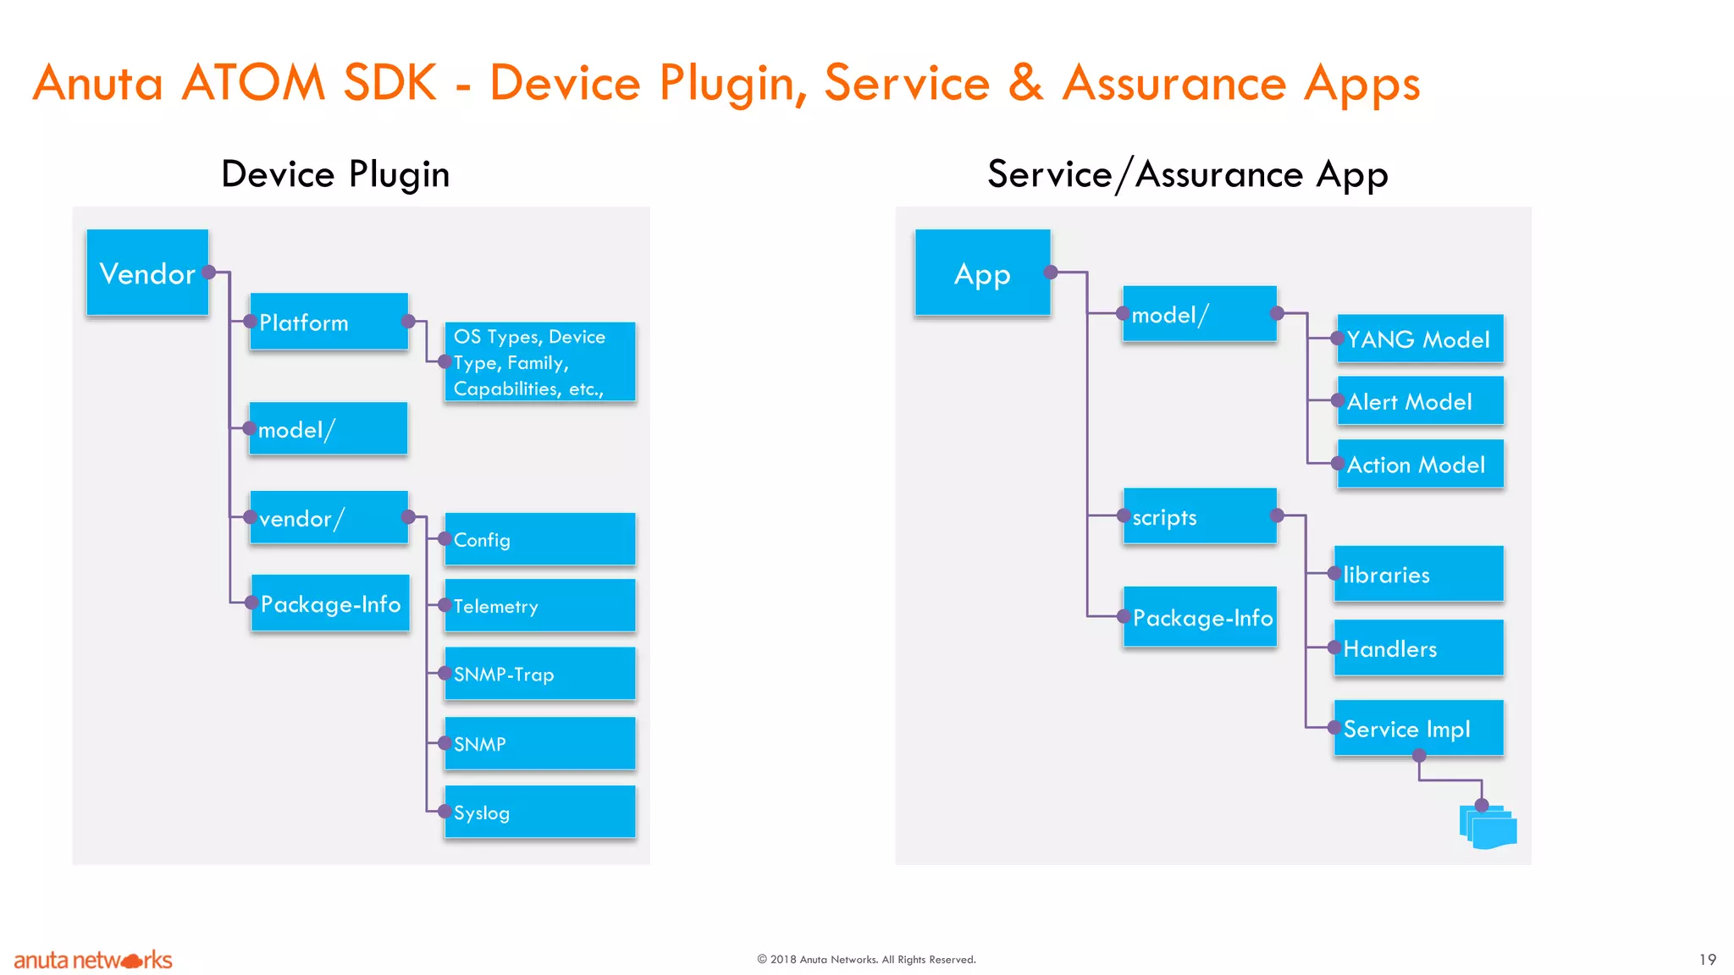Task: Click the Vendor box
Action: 147,273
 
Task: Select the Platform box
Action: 329,322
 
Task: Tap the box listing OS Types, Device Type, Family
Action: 539,362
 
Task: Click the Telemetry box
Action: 539,606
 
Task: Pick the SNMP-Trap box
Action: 539,674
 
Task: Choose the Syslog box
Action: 539,812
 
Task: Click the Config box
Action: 539,539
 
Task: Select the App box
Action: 982,273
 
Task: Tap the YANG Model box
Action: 1420,339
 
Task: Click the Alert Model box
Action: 1420,401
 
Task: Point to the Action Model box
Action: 1420,464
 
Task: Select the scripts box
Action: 1199,516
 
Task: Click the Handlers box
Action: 1418,648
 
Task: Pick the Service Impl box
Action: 1418,728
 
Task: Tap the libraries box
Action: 1418,574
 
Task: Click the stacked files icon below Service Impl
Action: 1488,827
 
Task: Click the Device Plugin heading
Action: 335,174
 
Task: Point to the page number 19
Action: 1707,959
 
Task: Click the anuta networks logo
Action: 93,960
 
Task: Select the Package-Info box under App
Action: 1200,617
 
